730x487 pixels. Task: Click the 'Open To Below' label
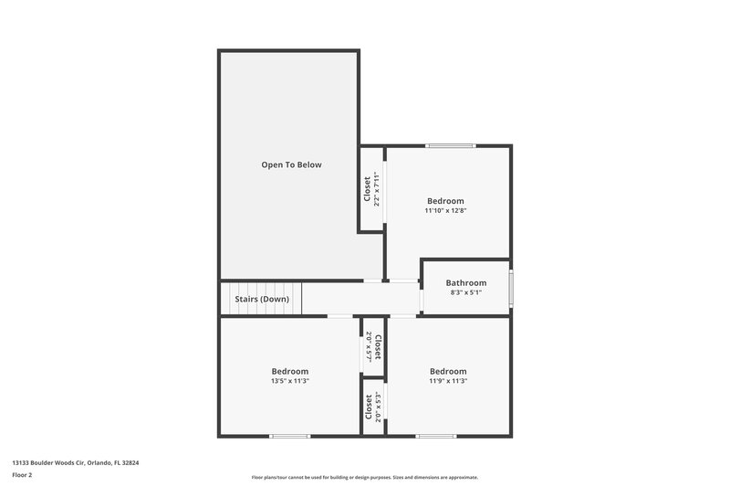pos(291,164)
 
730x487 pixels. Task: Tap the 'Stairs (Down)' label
pos(262,299)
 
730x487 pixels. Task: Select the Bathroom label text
pos(465,283)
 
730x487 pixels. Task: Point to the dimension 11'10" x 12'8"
pos(445,210)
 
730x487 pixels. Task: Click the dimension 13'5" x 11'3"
pos(290,381)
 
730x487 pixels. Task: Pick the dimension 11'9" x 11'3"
pos(448,381)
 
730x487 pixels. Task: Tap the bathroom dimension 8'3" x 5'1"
pos(465,293)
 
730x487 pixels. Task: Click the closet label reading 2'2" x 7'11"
pos(376,189)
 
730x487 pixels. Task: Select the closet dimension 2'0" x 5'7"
pos(368,347)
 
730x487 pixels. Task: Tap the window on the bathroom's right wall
pos(511,288)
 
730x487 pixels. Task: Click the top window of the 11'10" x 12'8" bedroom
pos(451,146)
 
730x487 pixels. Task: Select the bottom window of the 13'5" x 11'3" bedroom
pos(290,435)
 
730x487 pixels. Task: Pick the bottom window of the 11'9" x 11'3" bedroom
pos(436,435)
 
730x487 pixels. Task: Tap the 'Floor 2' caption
pos(22,475)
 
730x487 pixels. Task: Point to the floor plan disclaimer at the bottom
pos(365,477)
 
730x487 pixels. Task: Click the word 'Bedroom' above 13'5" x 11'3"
pos(290,371)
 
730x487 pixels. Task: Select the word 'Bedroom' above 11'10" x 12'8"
pos(445,201)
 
